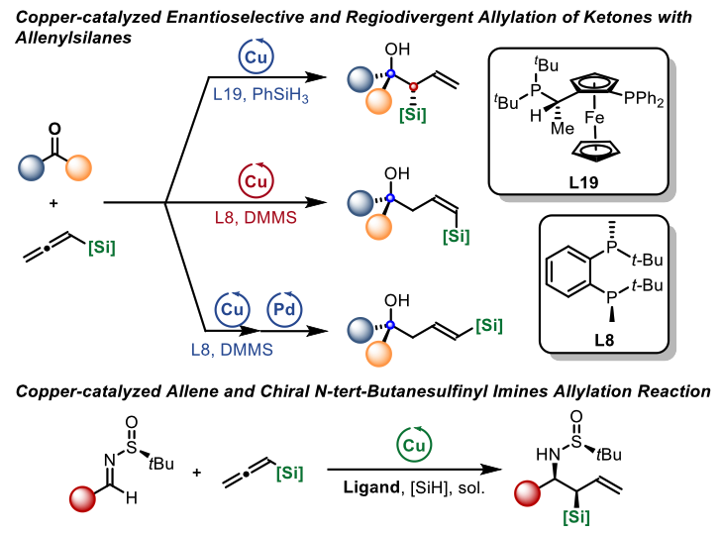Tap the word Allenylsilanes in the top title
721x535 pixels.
coord(64,35)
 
